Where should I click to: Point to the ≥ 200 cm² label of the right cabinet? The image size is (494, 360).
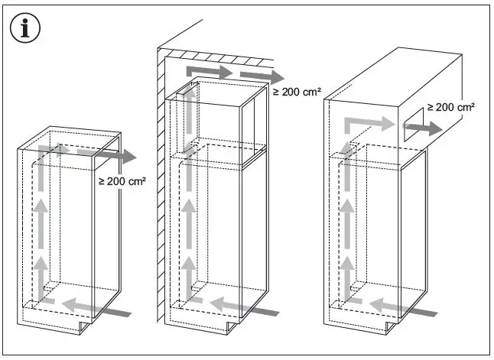coord(451,107)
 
